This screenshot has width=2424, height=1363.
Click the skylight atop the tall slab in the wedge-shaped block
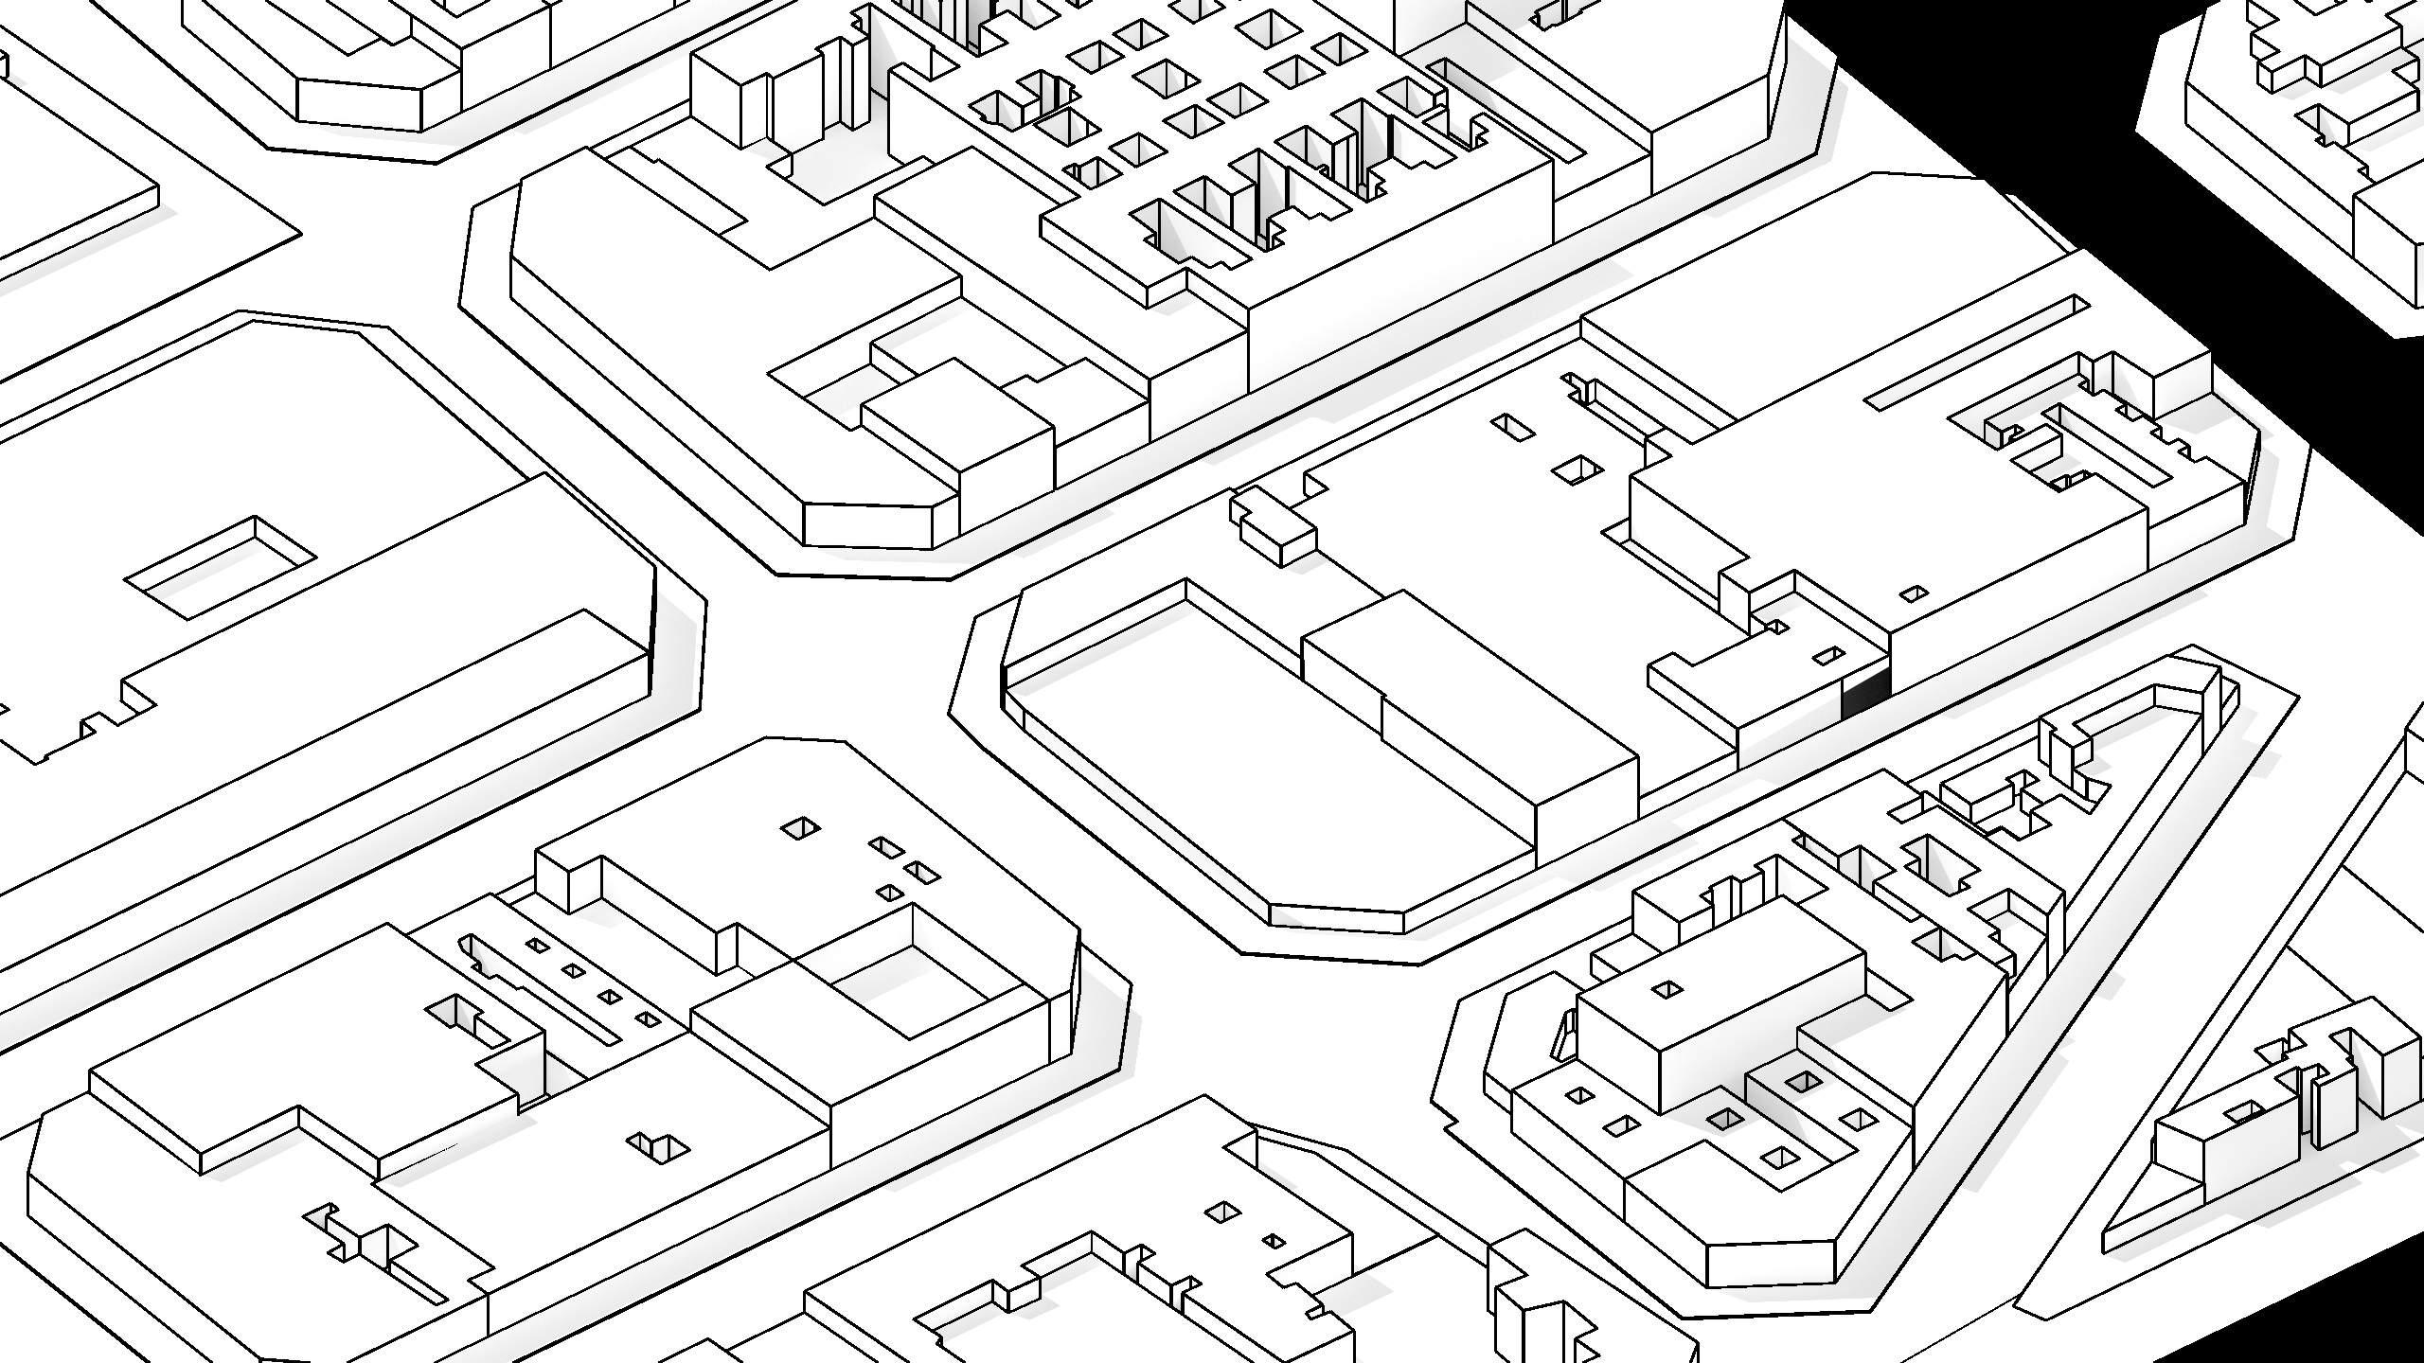click(x=1666, y=990)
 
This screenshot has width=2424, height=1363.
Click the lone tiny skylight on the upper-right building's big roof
click(x=1914, y=593)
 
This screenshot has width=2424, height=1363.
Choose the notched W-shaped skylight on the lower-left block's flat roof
click(x=660, y=1145)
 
